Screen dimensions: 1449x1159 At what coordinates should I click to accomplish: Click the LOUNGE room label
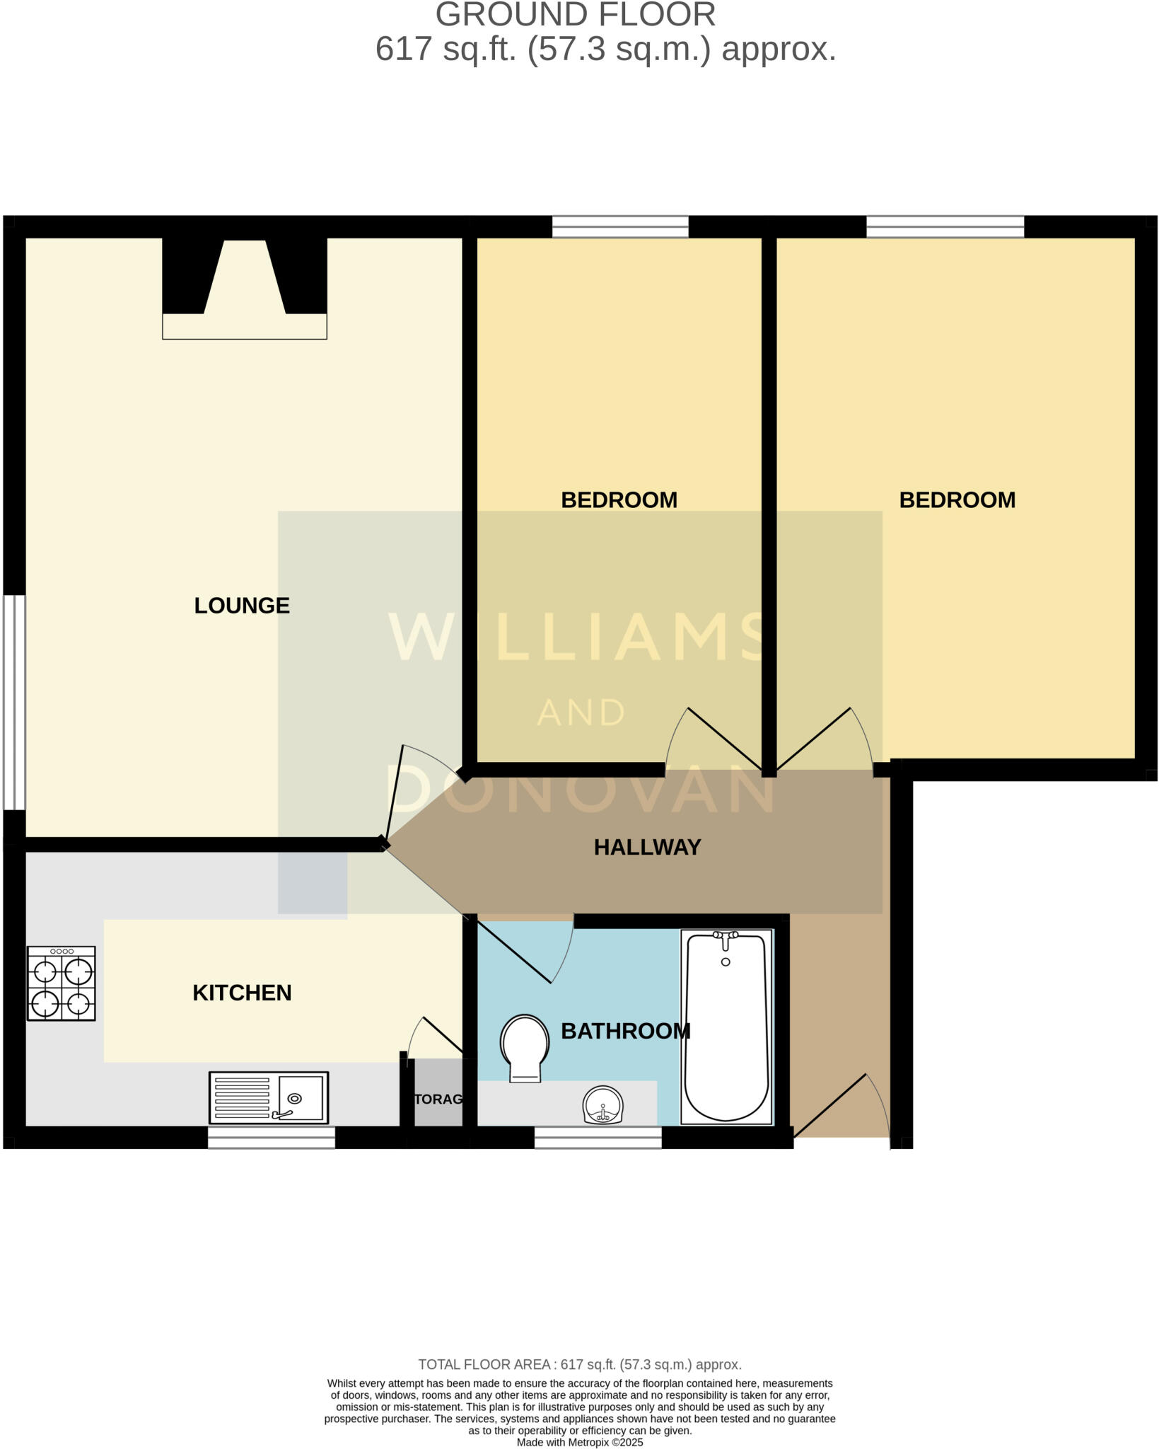click(x=242, y=606)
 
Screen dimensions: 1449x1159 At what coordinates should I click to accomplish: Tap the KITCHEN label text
click(x=242, y=993)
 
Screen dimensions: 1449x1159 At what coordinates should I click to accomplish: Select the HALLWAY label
click(x=647, y=847)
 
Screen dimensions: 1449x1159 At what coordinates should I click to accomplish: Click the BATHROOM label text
click(x=625, y=1031)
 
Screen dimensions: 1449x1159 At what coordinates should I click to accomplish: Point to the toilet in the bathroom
click(x=525, y=1047)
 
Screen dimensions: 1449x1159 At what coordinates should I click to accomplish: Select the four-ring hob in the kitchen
click(x=62, y=983)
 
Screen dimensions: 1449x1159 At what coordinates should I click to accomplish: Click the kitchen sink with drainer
click(x=269, y=1098)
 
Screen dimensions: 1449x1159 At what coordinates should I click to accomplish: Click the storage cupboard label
click(x=438, y=1099)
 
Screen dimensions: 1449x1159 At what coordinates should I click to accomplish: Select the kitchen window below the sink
click(x=271, y=1138)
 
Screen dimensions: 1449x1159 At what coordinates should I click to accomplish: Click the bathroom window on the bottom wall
click(x=598, y=1138)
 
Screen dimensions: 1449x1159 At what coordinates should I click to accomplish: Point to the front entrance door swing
click(x=841, y=1107)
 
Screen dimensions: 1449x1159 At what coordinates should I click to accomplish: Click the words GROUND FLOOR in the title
click(x=575, y=16)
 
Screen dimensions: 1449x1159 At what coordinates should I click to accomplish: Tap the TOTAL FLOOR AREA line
click(x=580, y=1365)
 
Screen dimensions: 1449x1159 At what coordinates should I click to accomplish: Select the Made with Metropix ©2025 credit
click(x=580, y=1443)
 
